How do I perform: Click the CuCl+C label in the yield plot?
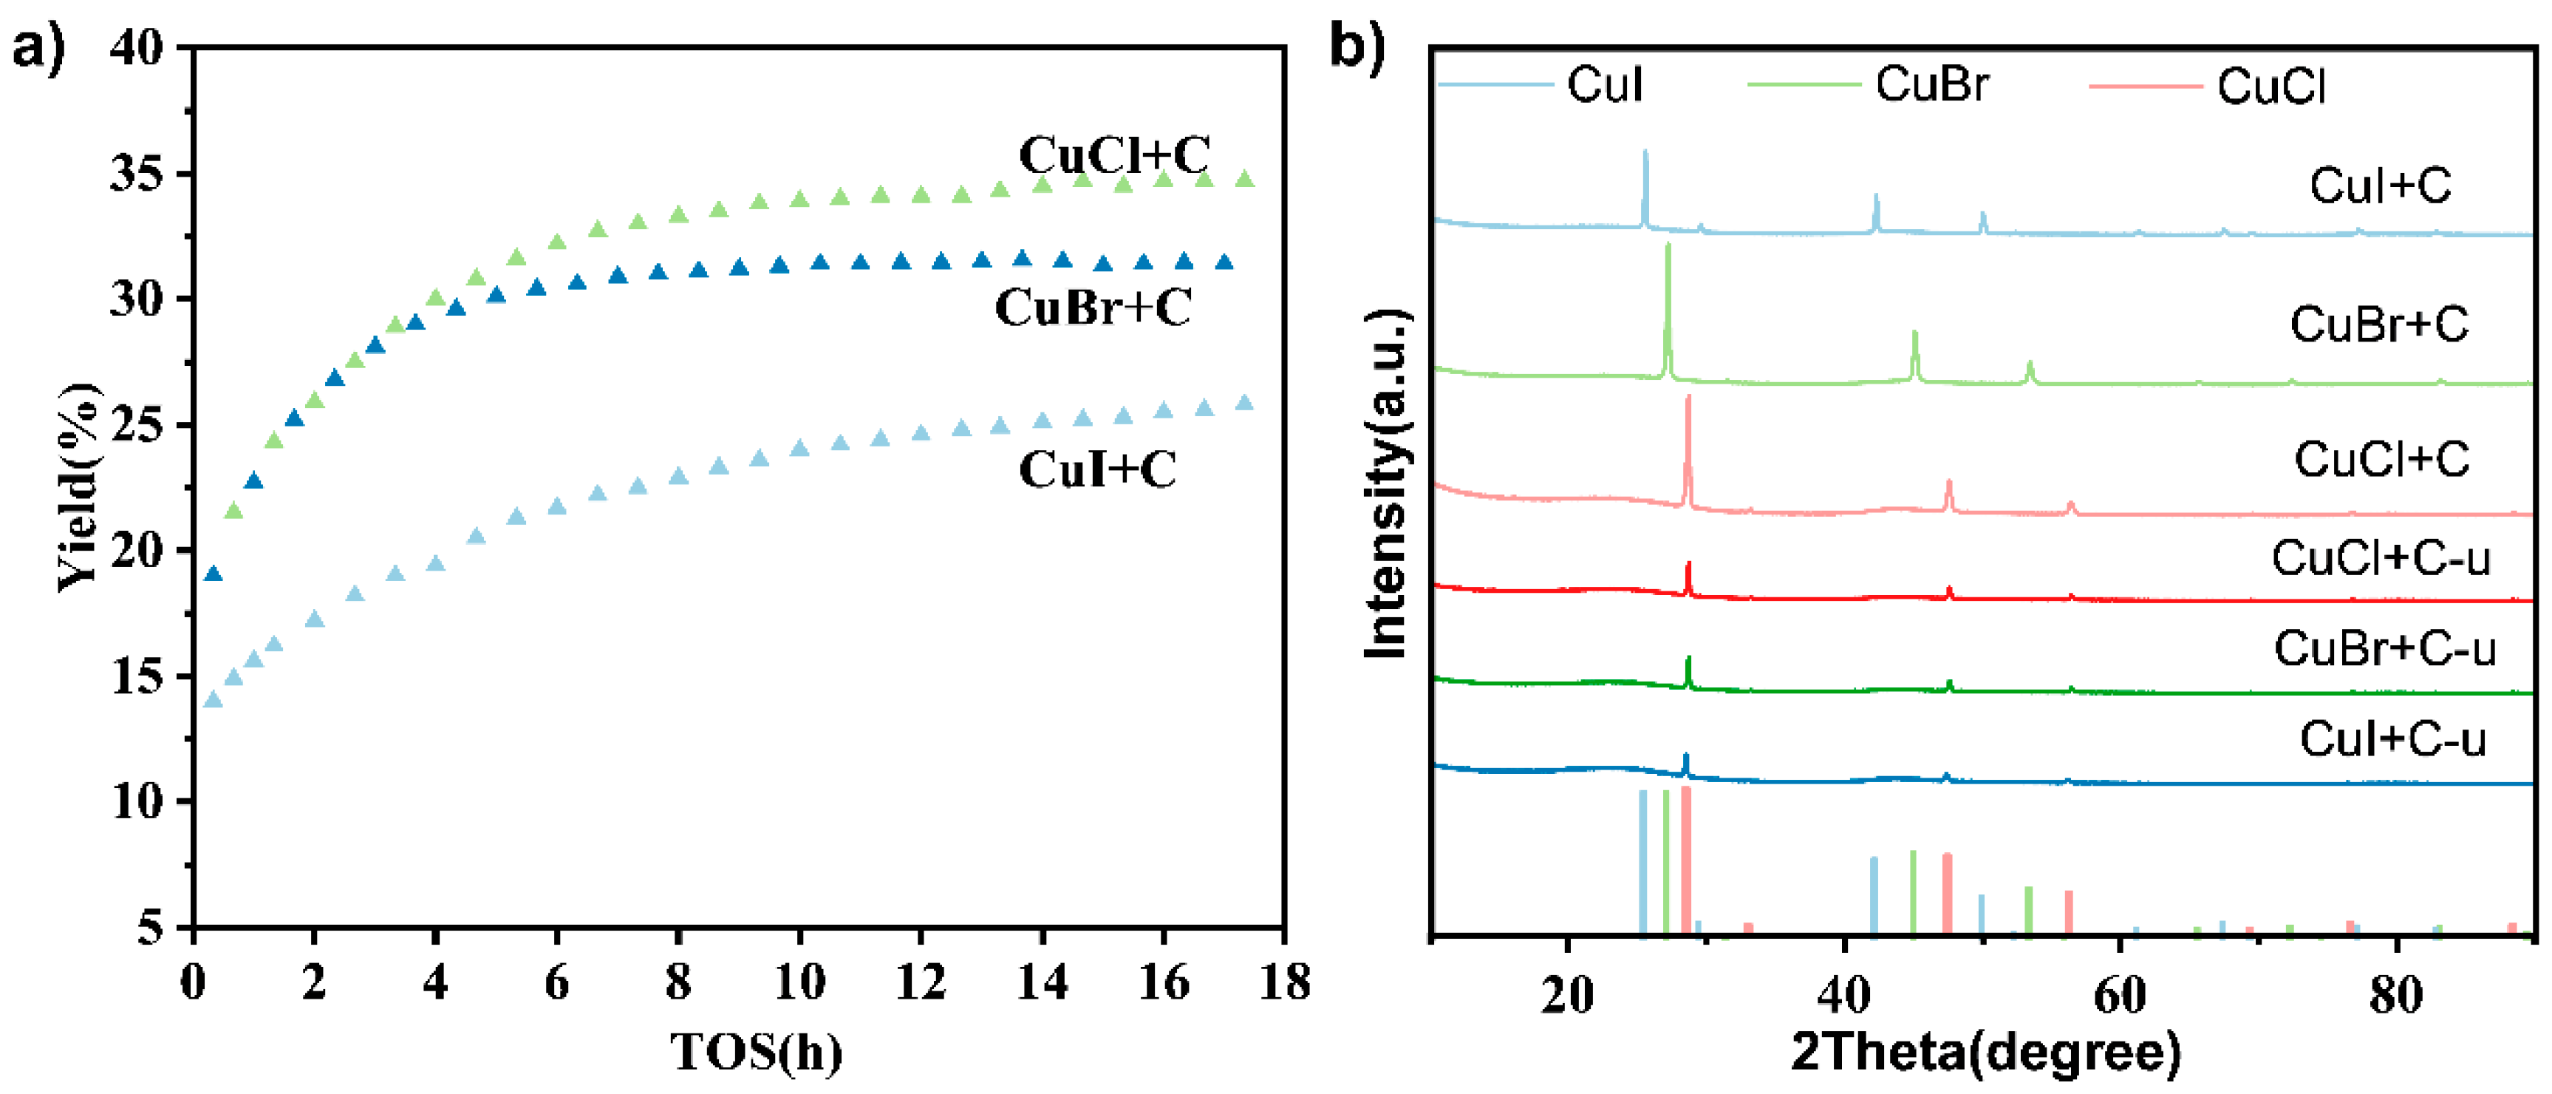click(1113, 155)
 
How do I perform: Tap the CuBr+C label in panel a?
click(1093, 308)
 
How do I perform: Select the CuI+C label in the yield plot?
click(1098, 469)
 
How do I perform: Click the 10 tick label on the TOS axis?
click(799, 983)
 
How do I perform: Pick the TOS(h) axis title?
click(757, 1053)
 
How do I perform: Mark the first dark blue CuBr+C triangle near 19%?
click(213, 574)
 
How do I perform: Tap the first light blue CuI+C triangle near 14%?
click(213, 699)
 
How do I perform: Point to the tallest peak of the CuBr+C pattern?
click(1668, 248)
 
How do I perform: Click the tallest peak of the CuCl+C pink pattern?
click(1688, 399)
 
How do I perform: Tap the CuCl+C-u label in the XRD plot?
click(2380, 558)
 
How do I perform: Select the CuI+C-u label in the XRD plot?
click(2392, 739)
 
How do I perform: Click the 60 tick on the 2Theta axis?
click(2119, 994)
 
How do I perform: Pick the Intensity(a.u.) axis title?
click(1386, 483)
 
